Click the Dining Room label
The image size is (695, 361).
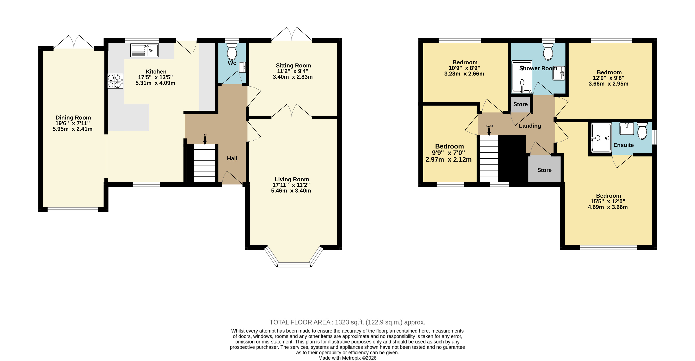73,118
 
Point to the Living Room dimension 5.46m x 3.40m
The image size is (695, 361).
291,191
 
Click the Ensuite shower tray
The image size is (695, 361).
601,137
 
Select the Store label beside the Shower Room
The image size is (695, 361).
520,104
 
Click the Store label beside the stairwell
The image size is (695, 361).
544,170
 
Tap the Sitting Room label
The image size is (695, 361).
293,66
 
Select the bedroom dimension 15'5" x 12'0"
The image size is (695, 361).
608,201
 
